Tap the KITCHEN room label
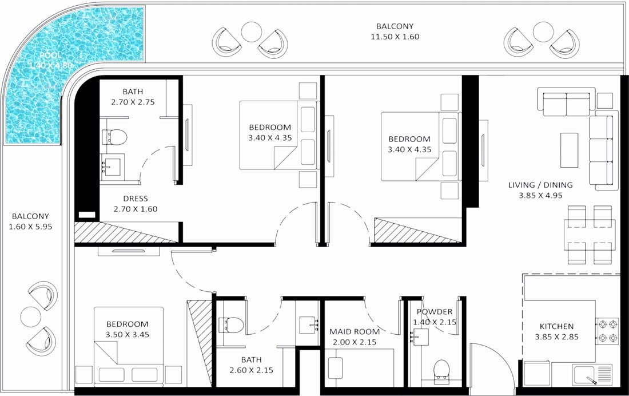tap(556, 326)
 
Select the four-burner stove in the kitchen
tap(607, 330)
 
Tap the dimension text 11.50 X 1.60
tap(395, 37)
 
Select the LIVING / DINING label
tap(540, 185)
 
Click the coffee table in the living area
tap(569, 150)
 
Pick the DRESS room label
tap(136, 199)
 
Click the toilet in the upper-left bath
tap(116, 136)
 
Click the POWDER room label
tap(435, 312)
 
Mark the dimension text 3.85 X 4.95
tap(540, 196)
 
